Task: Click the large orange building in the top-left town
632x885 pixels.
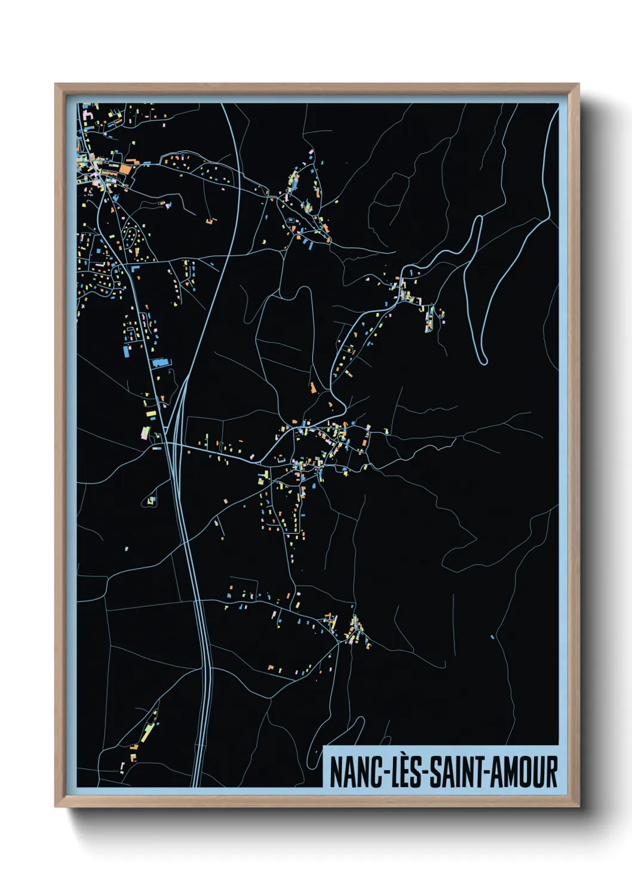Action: tap(125, 169)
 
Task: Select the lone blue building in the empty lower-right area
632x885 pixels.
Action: tap(492, 637)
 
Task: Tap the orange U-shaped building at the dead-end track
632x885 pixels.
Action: tap(210, 221)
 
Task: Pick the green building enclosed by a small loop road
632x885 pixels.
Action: tap(151, 500)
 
